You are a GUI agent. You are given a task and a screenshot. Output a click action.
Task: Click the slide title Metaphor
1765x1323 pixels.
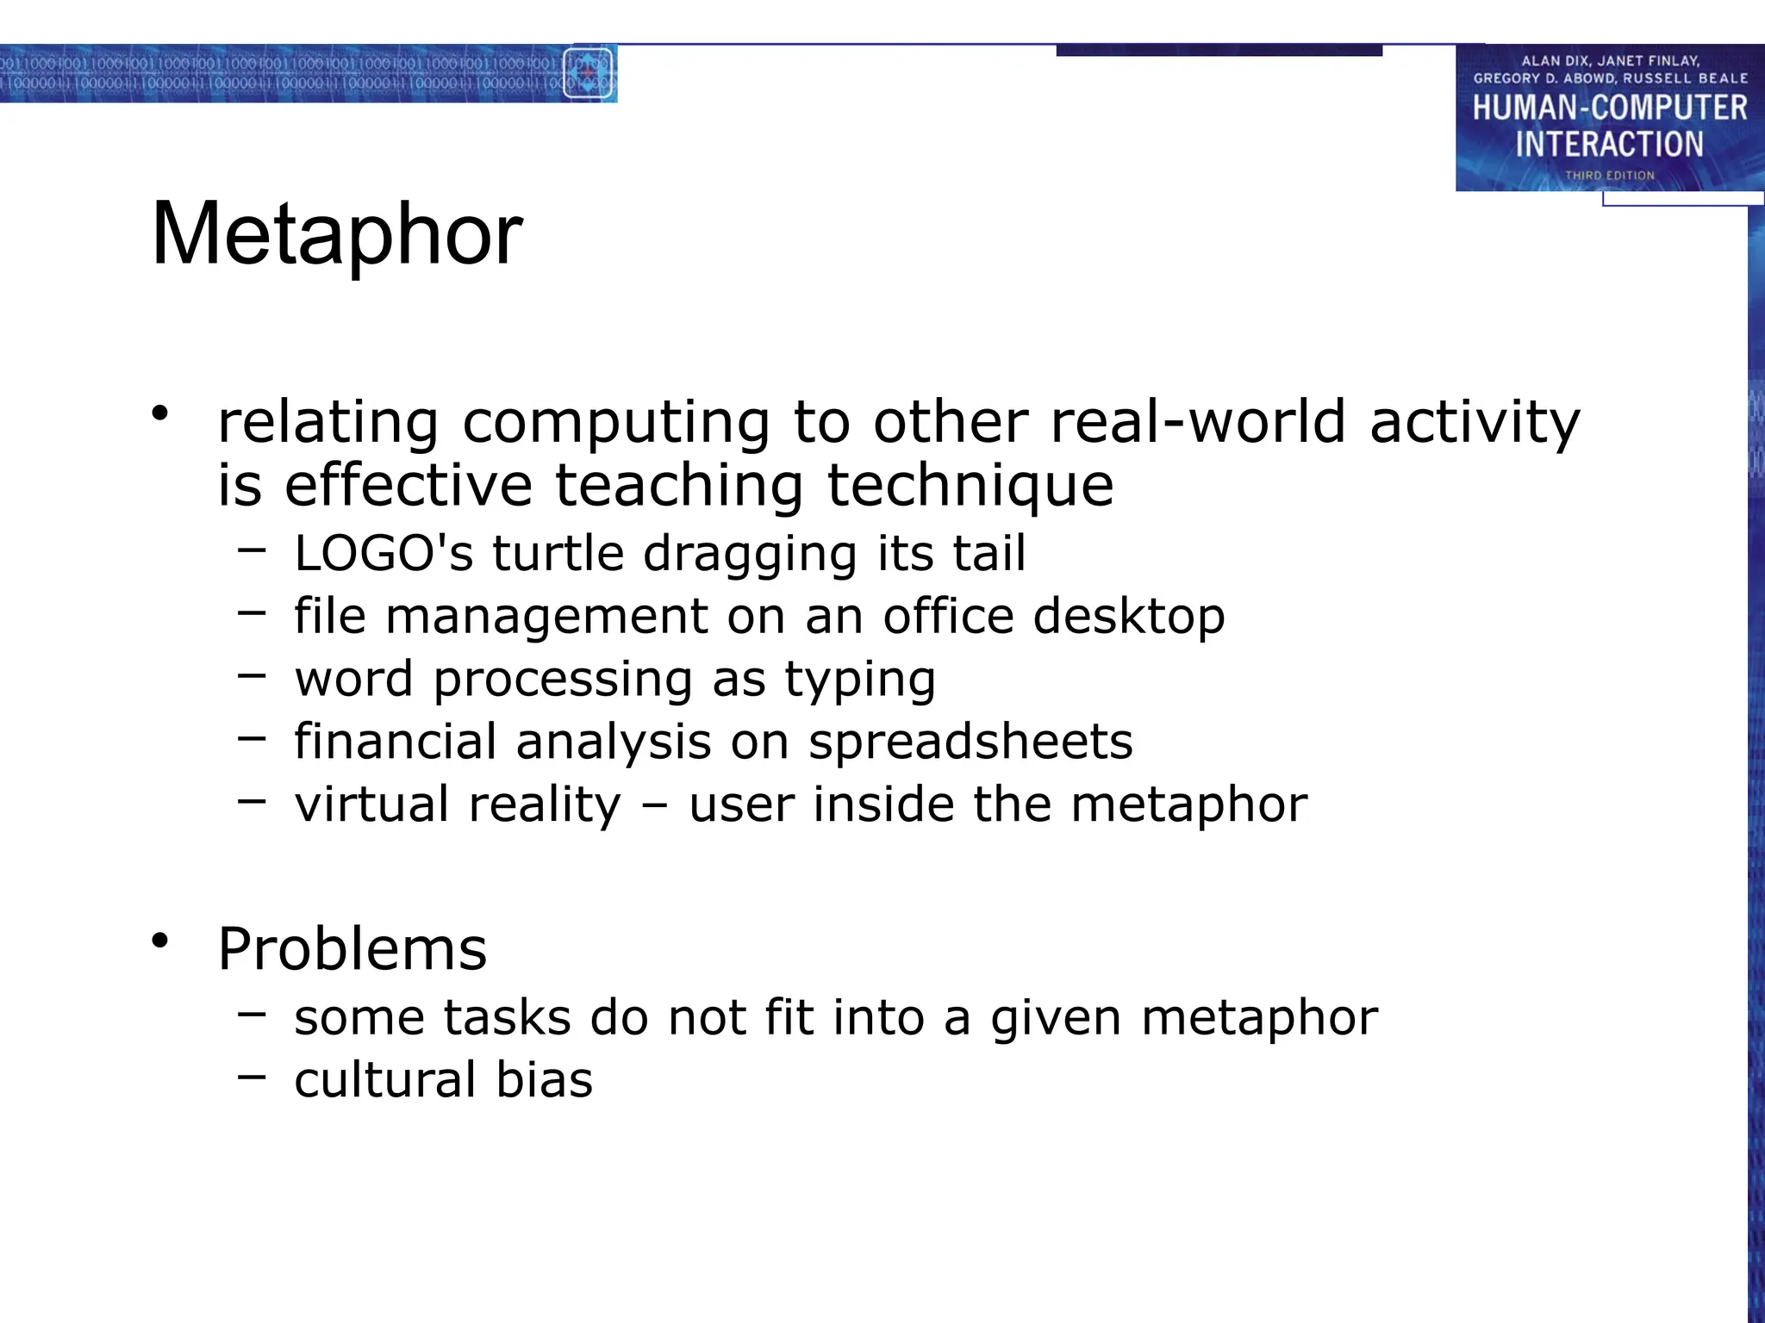pos(337,234)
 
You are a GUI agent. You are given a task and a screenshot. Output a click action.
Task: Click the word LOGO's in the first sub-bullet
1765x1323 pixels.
pos(384,553)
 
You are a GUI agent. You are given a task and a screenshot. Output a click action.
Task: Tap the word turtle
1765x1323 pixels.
pos(558,553)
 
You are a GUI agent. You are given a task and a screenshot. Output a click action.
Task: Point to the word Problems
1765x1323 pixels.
pos(352,949)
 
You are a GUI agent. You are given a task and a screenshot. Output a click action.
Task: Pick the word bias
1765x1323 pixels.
pos(545,1080)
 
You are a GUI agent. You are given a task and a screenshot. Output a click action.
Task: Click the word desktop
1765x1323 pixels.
pos(1129,617)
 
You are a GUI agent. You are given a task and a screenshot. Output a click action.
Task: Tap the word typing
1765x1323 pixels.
pos(859,680)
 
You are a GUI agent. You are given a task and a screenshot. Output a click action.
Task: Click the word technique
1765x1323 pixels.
pos(970,486)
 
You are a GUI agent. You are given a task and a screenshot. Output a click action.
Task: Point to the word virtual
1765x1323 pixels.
pos(370,804)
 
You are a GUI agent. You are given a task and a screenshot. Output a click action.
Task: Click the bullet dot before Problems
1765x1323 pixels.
pos(159,941)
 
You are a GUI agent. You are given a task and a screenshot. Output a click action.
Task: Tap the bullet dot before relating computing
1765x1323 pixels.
pos(159,413)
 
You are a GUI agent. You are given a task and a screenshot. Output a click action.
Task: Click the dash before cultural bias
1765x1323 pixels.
pos(252,1077)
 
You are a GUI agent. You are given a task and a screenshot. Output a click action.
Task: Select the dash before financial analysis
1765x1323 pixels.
pos(252,738)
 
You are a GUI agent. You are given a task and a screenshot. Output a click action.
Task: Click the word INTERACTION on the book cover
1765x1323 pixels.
pos(1609,144)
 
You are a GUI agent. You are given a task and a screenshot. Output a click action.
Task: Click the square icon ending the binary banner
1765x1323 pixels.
pos(589,73)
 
